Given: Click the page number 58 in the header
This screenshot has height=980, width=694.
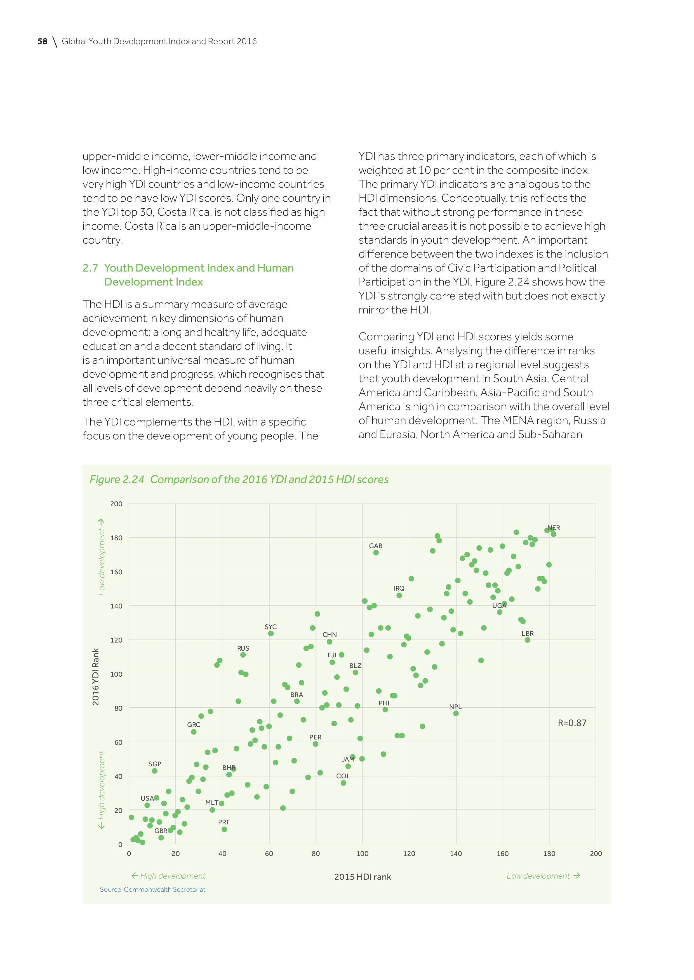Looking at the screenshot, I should (42, 41).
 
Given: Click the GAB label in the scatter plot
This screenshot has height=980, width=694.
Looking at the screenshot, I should (376, 546).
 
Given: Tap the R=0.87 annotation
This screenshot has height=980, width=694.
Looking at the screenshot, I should (572, 723).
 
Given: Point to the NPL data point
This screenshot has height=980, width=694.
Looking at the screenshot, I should (456, 713).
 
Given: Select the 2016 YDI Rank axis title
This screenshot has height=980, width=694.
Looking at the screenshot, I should (96, 677).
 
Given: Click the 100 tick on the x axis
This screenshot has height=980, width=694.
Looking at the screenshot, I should (362, 854).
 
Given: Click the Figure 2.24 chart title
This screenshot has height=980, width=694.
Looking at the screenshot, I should (239, 479).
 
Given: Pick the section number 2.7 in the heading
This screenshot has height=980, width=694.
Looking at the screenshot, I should (90, 268).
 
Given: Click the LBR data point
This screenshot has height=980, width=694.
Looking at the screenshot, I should (527, 640).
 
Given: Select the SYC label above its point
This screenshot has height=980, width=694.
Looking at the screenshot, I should (270, 627).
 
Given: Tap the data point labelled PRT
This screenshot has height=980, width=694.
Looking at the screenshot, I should (224, 829).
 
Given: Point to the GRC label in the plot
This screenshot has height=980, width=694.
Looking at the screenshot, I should (194, 724).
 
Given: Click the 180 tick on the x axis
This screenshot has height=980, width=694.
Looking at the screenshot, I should (549, 854).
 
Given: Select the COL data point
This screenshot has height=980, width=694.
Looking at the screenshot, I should (343, 783).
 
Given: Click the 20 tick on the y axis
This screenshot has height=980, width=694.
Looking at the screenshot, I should (117, 810).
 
